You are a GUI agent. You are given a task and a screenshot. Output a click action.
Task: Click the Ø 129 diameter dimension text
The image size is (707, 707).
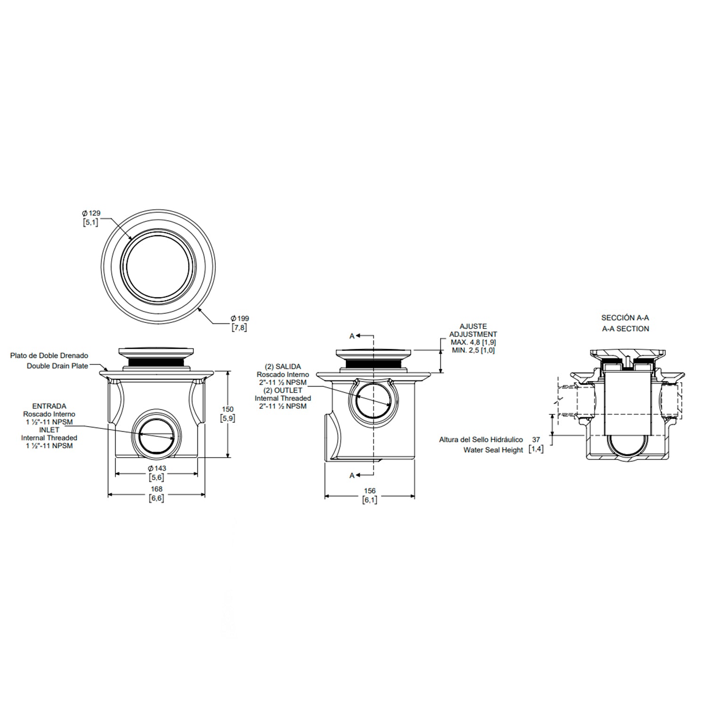pos(91,213)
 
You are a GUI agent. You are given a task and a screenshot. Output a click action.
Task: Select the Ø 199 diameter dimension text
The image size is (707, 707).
pos(240,319)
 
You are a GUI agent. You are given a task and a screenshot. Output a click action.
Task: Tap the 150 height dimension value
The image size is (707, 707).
pos(228,409)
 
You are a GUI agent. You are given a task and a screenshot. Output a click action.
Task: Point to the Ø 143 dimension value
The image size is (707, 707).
pos(156,469)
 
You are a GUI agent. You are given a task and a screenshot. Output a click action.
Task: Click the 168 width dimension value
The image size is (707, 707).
pos(156,489)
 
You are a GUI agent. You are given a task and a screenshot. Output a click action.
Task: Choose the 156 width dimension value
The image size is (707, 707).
pos(370,491)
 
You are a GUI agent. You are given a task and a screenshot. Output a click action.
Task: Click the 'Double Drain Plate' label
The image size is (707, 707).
pos(58,366)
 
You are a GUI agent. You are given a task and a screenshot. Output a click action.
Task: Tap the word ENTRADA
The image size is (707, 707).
pos(49,406)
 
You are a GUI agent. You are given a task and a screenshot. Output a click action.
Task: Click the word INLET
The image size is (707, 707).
pos(49,430)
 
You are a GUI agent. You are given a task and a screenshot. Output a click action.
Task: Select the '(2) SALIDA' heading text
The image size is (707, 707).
pos(283,367)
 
